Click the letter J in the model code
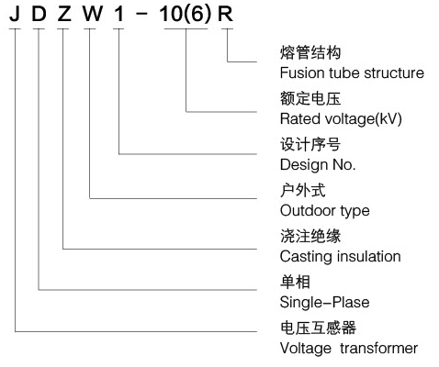pos(15,14)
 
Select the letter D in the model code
pos(39,14)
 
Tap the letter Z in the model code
pos(64,14)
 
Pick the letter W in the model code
pos(93,14)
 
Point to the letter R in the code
pos(225,14)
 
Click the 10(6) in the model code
pos(186,15)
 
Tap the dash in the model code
pos(141,14)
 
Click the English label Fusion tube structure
pos(352,73)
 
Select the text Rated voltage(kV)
pos(341,119)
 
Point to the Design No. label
pos(318,165)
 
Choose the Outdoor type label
pos(325,211)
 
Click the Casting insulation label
pos(341,257)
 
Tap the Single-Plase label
pos(325,303)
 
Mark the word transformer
pos(379,349)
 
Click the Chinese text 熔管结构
pos(310,52)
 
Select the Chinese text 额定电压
pos(310,98)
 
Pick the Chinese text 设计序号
pos(310,144)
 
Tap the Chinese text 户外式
pos(303,190)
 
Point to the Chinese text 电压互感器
pos(318,328)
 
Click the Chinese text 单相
pos(295,282)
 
